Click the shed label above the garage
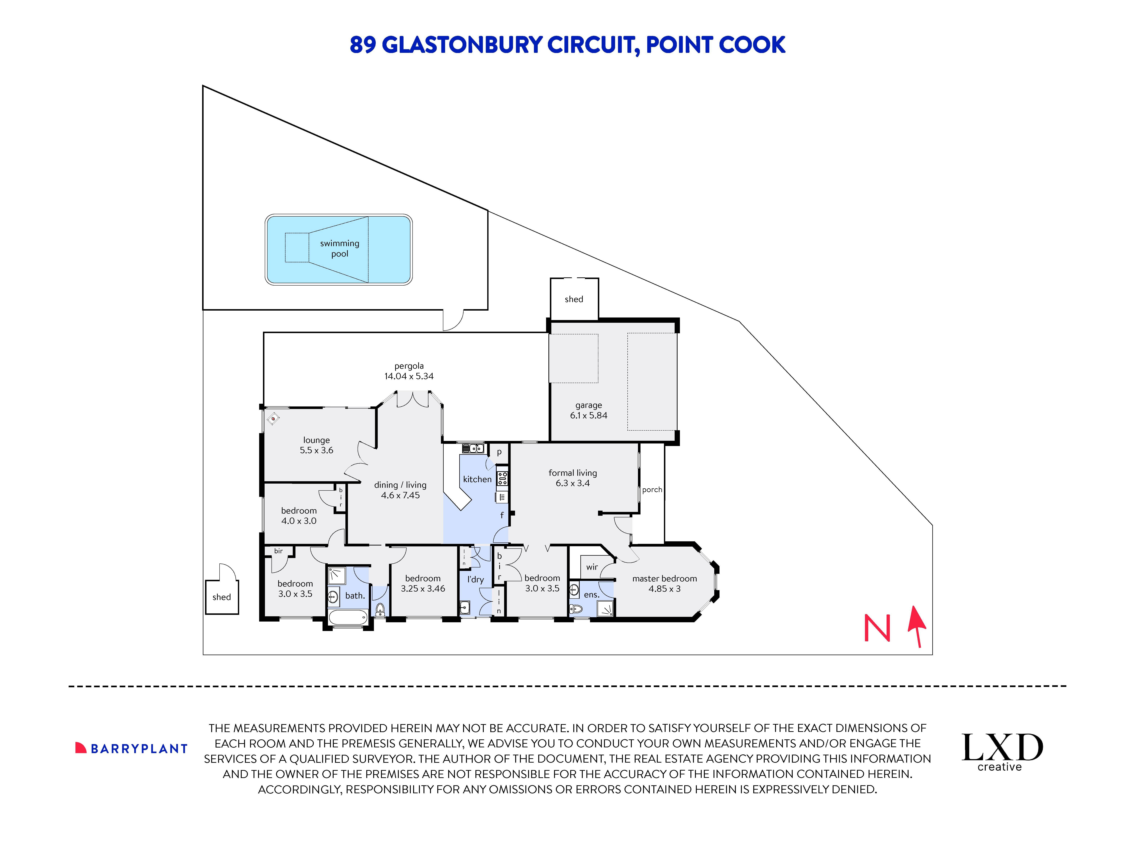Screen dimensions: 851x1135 tap(574, 299)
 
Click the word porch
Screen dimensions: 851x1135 tap(652, 490)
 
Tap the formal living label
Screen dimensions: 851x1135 tap(573, 473)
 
